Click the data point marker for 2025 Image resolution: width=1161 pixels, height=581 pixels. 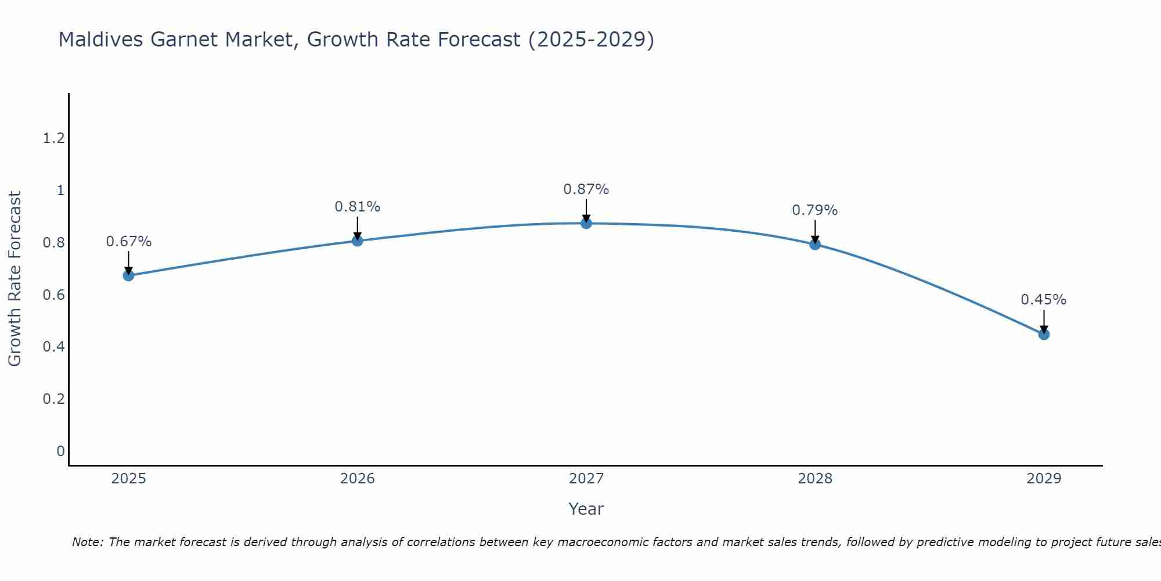coord(128,275)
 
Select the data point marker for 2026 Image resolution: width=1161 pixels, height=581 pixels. coord(357,241)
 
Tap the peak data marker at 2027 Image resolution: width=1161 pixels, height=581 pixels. coord(586,223)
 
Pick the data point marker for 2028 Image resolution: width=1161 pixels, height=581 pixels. coord(814,244)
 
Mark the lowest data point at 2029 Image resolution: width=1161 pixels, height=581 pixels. coord(1043,334)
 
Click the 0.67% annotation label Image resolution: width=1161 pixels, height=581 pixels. coord(128,242)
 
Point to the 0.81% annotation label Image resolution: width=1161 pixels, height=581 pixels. coord(357,207)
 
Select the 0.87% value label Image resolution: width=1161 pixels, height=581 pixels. coord(586,189)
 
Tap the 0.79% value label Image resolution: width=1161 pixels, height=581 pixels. coord(814,210)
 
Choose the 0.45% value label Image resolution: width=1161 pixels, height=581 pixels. coord(1043,300)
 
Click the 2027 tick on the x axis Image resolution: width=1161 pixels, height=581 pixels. coord(586,479)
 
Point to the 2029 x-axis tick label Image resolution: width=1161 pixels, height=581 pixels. coord(1043,479)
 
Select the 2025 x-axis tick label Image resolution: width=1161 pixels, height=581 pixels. coord(128,479)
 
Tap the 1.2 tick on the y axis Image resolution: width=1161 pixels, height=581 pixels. coord(53,138)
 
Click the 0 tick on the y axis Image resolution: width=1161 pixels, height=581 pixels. coord(60,451)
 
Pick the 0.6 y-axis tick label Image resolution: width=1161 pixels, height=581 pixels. coord(53,295)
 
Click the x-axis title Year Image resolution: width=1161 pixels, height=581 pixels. coord(586,509)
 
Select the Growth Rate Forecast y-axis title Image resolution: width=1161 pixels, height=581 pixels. coord(15,279)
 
